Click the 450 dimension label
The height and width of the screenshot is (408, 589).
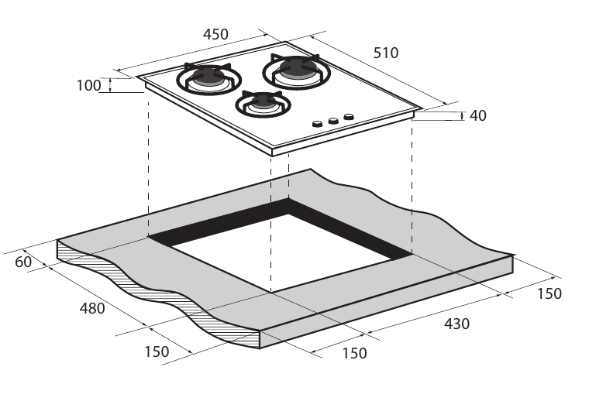(x=215, y=34)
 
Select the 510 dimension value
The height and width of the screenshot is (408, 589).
(x=385, y=53)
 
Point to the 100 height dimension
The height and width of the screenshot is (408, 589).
(x=89, y=85)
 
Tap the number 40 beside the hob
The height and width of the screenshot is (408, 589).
(x=478, y=115)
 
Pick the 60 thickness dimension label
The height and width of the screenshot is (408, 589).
(x=23, y=262)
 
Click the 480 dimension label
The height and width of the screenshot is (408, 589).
(x=91, y=307)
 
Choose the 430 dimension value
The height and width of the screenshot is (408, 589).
(x=456, y=324)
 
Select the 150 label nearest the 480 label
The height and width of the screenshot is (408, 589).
(x=157, y=351)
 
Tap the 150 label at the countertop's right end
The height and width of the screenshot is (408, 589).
(x=549, y=293)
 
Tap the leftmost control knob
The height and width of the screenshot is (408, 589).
(x=317, y=124)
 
